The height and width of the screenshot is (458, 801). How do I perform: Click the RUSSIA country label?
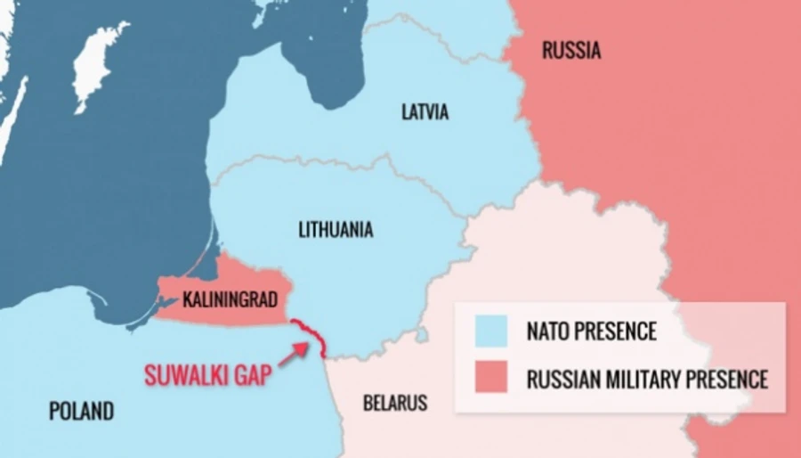tap(570, 51)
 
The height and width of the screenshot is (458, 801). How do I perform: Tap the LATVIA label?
tap(425, 113)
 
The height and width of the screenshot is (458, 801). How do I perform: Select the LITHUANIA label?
tap(336, 230)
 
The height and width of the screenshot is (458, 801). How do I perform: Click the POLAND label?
tap(81, 411)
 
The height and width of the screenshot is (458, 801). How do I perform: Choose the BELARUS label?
tap(395, 403)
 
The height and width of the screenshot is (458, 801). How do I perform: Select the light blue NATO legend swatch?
tap(490, 331)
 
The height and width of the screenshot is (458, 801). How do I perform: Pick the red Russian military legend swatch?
tap(490, 378)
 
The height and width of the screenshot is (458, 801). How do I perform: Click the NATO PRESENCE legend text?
tap(591, 332)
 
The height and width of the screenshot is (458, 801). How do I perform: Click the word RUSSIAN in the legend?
tap(559, 379)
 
